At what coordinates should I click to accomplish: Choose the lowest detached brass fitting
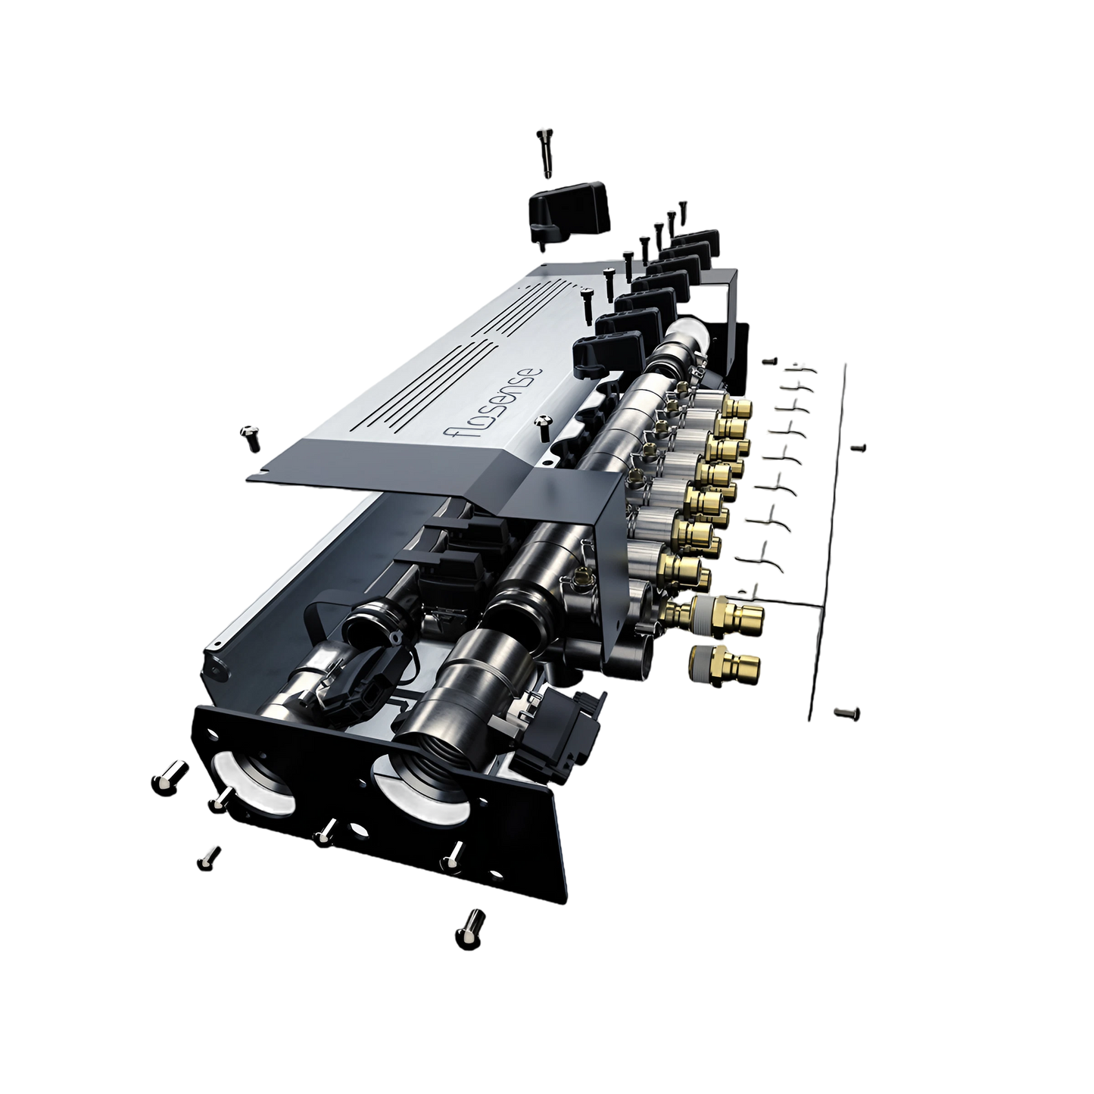(x=723, y=665)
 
